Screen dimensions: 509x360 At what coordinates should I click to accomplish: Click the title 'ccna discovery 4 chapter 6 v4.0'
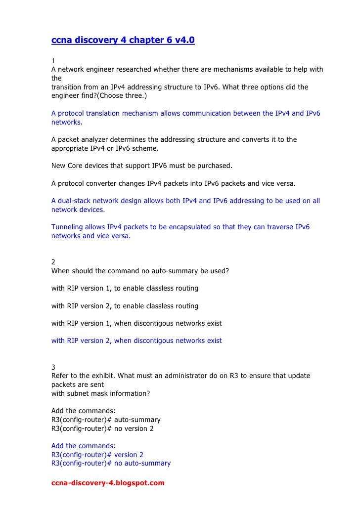click(123, 40)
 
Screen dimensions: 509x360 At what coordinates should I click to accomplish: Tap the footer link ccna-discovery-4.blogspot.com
click(108, 483)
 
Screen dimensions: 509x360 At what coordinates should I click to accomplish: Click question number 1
click(53, 61)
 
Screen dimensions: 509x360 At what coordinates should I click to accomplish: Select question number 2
click(53, 262)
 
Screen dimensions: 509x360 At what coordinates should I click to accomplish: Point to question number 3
click(53, 367)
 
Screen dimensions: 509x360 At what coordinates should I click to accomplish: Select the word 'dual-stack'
click(76, 201)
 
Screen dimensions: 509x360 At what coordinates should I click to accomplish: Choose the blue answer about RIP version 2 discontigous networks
click(136, 340)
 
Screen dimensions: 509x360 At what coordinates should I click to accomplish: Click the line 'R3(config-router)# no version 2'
click(102, 428)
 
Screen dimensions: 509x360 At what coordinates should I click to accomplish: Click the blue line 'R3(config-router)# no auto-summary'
click(111, 464)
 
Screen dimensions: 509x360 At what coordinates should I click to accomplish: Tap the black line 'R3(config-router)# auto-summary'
click(106, 420)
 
